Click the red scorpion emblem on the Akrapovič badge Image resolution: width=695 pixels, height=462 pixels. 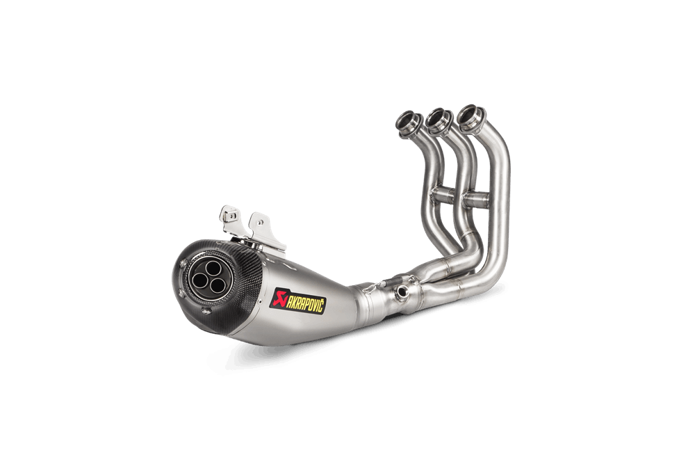279,297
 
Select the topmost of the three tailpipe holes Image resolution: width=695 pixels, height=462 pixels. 213,268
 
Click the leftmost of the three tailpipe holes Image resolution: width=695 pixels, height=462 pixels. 200,279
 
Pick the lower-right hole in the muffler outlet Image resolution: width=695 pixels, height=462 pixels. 218,285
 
